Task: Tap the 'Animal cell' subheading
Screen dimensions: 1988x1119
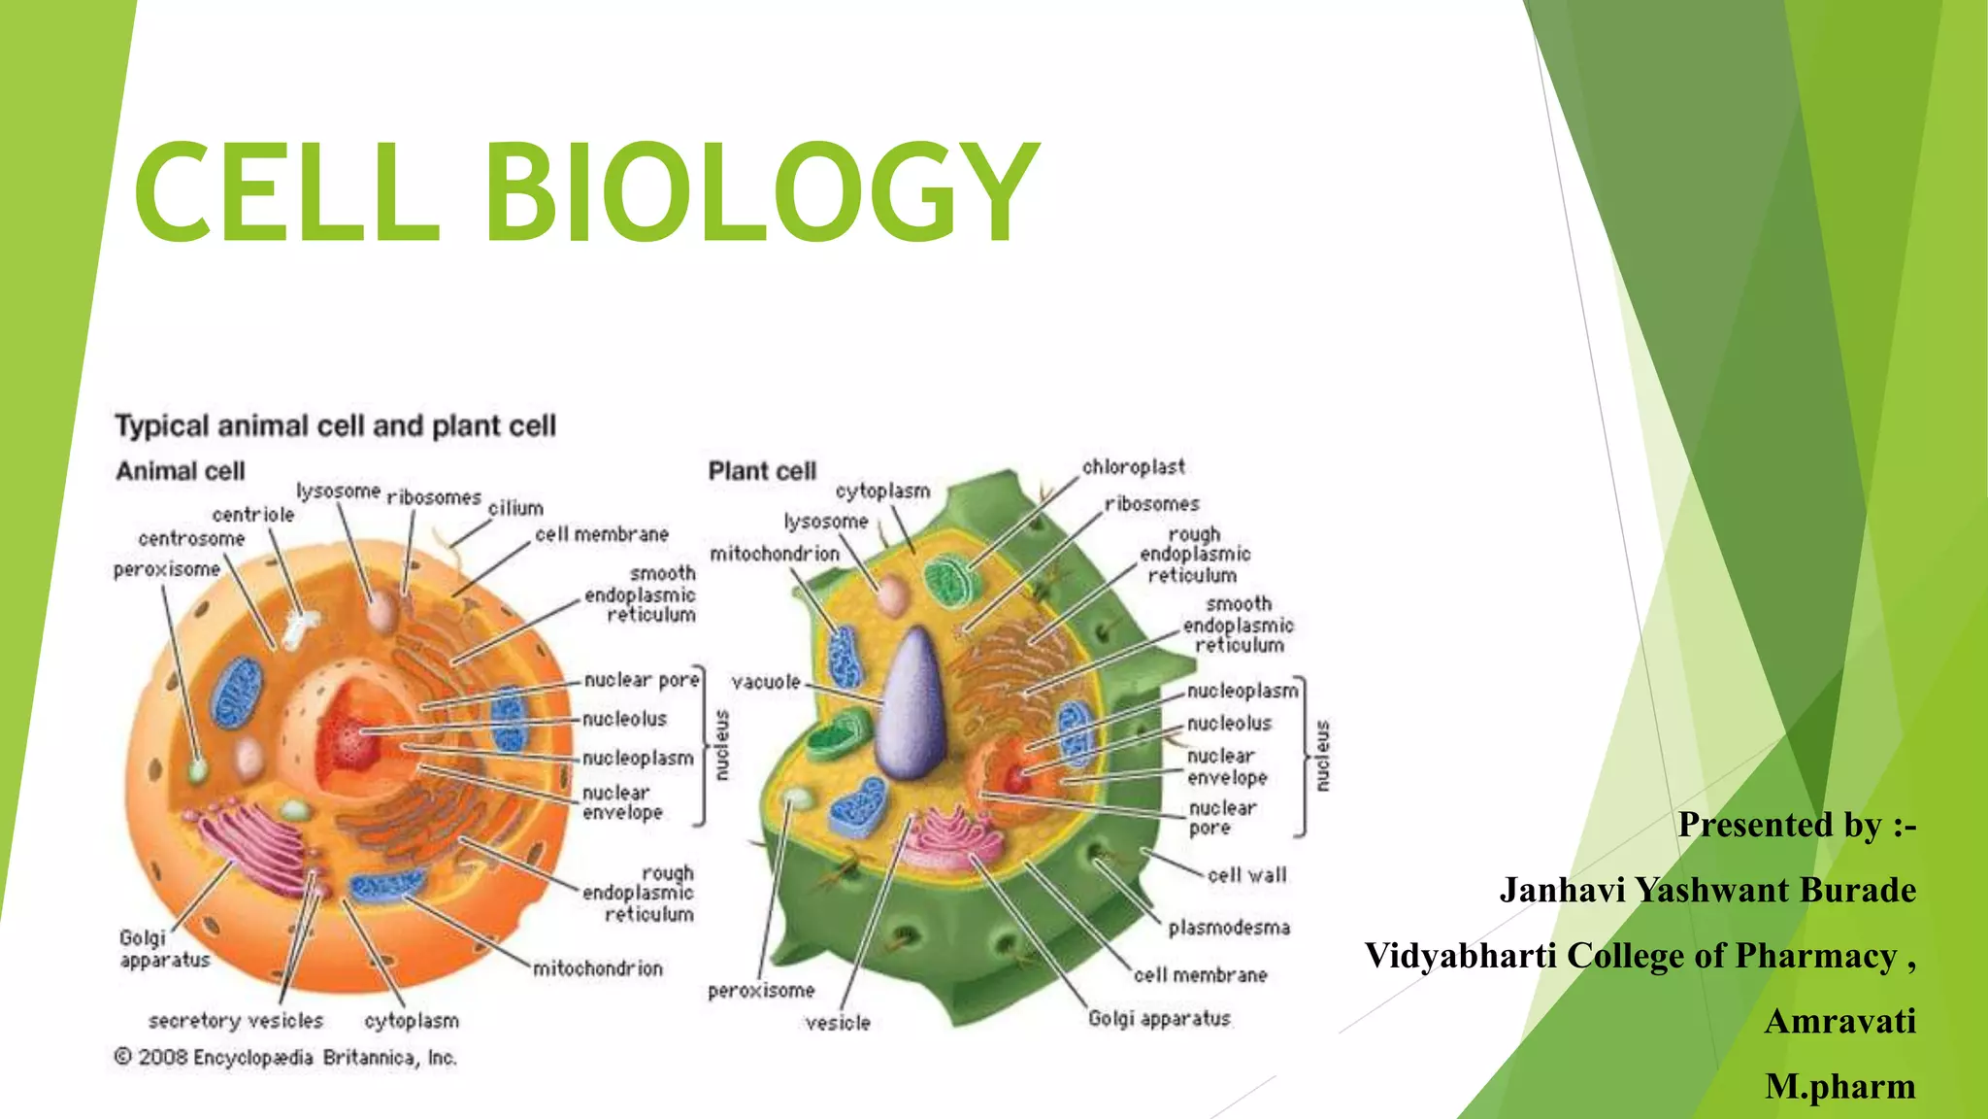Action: tap(181, 471)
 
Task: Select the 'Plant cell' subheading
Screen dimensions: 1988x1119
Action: tap(762, 471)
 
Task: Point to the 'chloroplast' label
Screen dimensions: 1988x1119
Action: tap(1133, 467)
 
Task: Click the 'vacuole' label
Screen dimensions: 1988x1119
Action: tap(766, 682)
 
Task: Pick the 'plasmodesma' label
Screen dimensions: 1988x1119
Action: tap(1229, 928)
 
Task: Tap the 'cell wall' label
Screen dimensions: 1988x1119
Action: tap(1246, 875)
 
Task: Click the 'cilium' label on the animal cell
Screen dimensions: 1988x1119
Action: tap(515, 508)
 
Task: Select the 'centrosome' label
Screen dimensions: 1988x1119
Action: tap(191, 538)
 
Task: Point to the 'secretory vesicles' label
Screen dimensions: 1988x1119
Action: tap(236, 1021)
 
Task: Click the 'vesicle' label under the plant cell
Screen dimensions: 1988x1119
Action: tap(838, 1023)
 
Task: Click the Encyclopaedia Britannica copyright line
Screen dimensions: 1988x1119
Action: tap(285, 1057)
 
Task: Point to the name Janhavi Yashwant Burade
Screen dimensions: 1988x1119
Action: tap(1707, 890)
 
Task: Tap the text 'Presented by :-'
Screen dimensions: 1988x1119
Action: tap(1797, 825)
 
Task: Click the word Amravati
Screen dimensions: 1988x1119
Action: tap(1839, 1021)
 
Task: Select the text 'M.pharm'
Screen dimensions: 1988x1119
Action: tap(1839, 1086)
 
